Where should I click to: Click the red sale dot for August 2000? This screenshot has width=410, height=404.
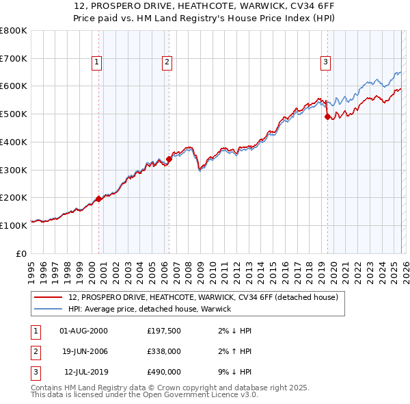[98, 199]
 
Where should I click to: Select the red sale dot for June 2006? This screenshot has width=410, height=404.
[169, 160]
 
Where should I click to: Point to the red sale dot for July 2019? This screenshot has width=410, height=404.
[327, 117]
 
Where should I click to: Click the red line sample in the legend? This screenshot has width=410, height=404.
[49, 298]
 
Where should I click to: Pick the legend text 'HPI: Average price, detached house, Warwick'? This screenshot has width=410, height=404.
[150, 309]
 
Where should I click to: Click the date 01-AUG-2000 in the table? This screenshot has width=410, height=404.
[83, 331]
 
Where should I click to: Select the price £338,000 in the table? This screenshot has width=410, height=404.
[164, 351]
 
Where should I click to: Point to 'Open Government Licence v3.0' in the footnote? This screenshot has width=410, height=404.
[199, 395]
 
